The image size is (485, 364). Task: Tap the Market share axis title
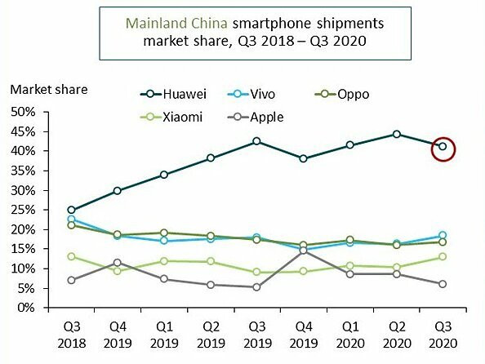click(x=48, y=88)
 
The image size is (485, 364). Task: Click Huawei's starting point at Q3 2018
click(x=72, y=210)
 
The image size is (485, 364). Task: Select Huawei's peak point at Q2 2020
click(x=396, y=134)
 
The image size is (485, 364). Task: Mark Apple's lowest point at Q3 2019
click(x=257, y=287)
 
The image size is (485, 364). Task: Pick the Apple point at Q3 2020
click(x=443, y=284)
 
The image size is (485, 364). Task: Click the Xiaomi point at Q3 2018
click(x=72, y=256)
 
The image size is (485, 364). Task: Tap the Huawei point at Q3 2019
click(x=257, y=141)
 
